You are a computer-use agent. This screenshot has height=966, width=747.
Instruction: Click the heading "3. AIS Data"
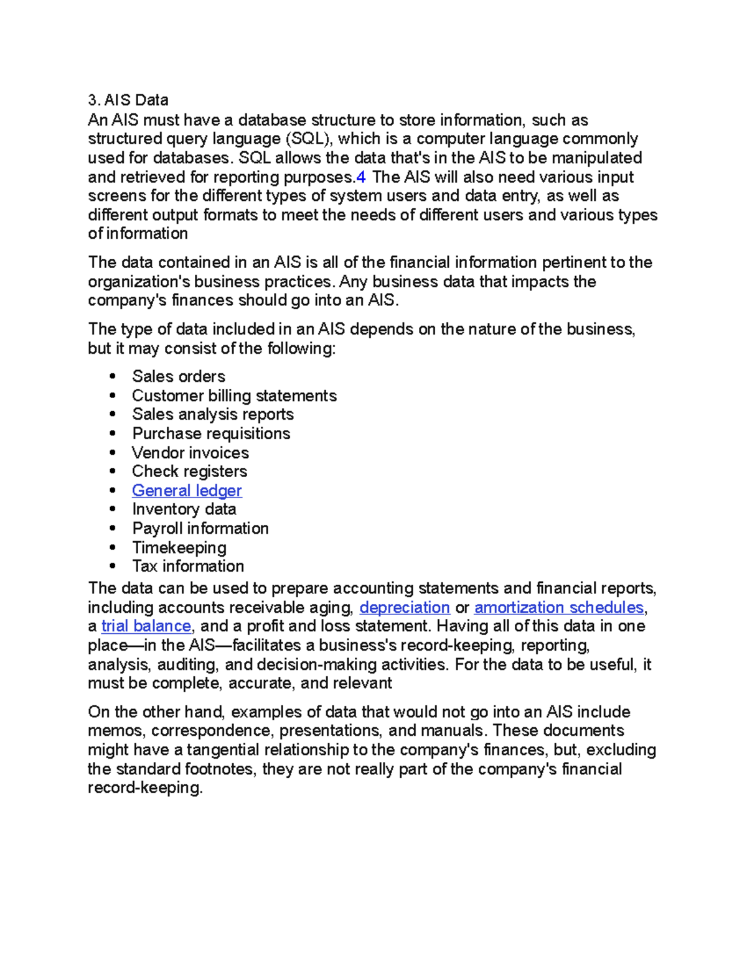pyautogui.click(x=128, y=100)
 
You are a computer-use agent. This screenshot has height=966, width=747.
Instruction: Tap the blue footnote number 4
pyautogui.click(x=360, y=177)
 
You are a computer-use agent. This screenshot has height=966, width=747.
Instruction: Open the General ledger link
pyautogui.click(x=187, y=491)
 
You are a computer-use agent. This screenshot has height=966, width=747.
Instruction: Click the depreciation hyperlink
pyautogui.click(x=405, y=608)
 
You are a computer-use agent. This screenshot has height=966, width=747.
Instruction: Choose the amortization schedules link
pyautogui.click(x=558, y=608)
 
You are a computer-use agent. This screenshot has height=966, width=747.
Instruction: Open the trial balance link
pyautogui.click(x=146, y=626)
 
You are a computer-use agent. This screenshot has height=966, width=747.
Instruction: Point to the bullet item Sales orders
pyautogui.click(x=179, y=377)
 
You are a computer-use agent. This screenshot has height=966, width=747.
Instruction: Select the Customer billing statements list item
pyautogui.click(x=234, y=396)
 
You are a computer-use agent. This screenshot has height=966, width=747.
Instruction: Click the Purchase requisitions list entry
pyautogui.click(x=211, y=434)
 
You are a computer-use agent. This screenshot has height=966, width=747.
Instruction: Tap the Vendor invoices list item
pyautogui.click(x=190, y=453)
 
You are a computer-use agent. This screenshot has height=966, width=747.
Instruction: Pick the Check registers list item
pyautogui.click(x=189, y=471)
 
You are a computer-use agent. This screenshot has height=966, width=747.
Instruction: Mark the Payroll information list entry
pyautogui.click(x=200, y=529)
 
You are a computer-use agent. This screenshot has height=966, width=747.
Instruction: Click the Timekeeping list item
pyautogui.click(x=179, y=548)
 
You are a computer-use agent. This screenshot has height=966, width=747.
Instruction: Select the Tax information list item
pyautogui.click(x=188, y=567)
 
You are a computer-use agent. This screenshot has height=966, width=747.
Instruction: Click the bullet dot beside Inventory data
pyautogui.click(x=113, y=509)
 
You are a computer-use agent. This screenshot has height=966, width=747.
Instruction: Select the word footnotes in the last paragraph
pyautogui.click(x=220, y=769)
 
